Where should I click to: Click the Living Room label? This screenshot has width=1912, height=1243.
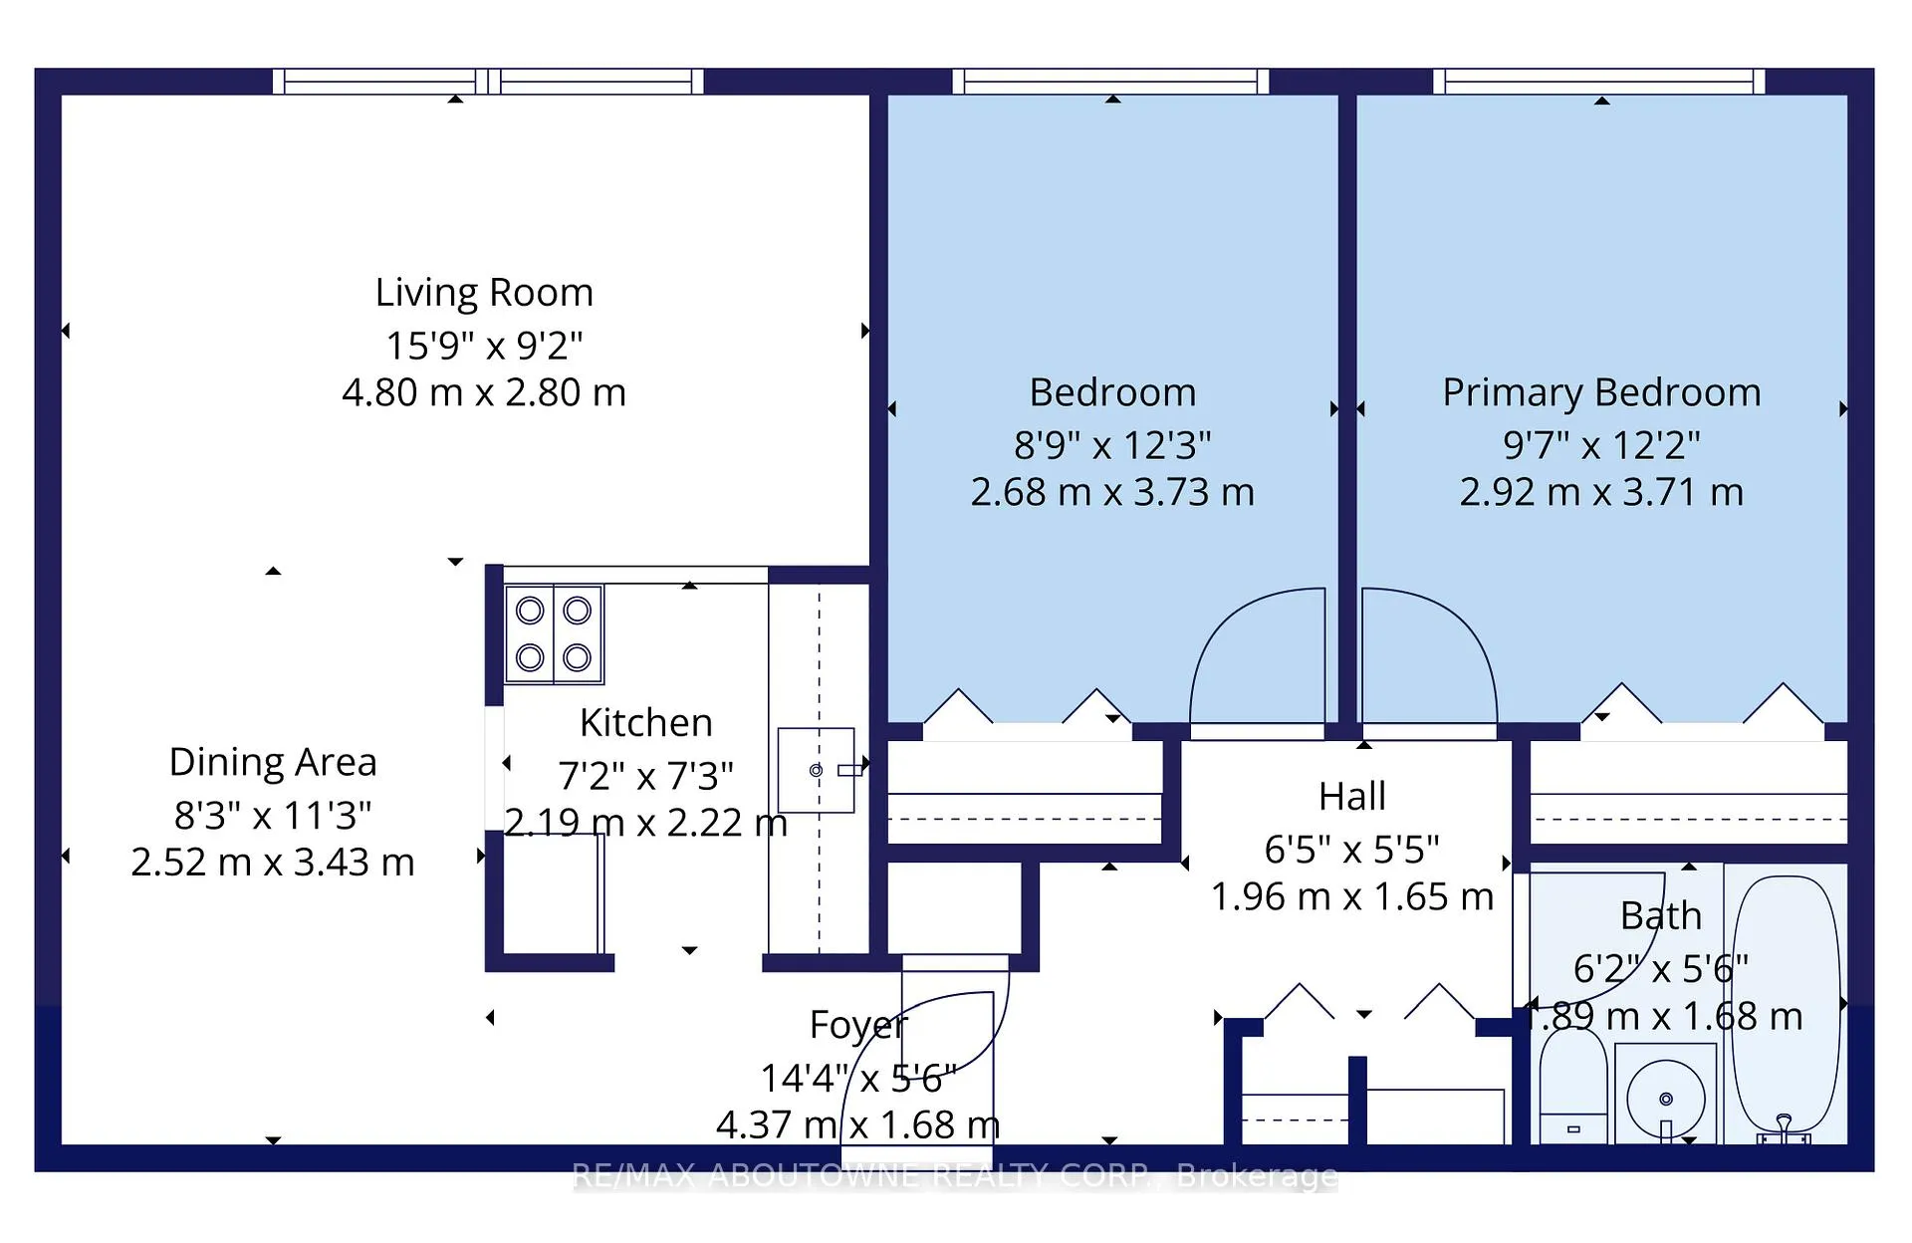tap(484, 293)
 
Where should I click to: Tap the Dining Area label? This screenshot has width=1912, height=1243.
tap(273, 763)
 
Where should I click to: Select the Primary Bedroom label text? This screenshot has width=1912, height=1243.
tap(1601, 393)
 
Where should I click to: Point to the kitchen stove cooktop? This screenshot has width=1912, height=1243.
tap(554, 634)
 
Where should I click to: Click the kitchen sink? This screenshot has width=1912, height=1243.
tap(817, 770)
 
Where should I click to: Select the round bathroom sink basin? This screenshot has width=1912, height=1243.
tap(1665, 1099)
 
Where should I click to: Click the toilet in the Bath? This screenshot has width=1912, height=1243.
tap(1573, 1086)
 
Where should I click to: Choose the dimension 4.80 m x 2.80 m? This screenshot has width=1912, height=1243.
tap(484, 393)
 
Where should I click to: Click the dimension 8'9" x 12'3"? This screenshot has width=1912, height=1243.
tap(1112, 445)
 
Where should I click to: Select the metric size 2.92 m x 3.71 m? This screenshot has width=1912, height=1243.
tap(1601, 493)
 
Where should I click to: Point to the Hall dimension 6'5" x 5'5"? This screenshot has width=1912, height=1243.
tap(1351, 851)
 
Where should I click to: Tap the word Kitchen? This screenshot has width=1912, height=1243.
tap(646, 723)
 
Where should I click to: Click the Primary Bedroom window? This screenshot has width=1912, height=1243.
tap(1599, 82)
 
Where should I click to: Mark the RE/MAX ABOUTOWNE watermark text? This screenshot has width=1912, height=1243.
tap(955, 1176)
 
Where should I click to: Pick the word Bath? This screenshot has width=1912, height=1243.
tap(1661, 916)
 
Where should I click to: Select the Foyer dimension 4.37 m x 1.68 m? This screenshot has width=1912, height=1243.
tap(858, 1125)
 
